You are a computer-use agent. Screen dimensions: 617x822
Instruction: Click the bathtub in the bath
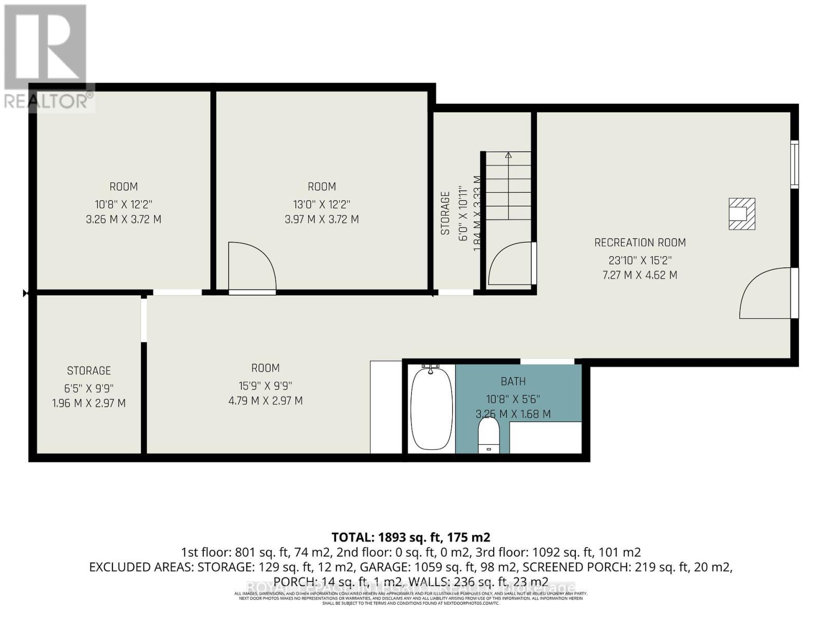point(432,408)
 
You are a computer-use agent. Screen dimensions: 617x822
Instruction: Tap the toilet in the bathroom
point(489,434)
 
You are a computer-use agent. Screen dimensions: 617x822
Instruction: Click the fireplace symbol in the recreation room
point(742,213)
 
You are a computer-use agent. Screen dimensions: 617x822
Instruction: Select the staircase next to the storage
point(508,185)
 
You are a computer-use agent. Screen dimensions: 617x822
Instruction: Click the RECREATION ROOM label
point(640,242)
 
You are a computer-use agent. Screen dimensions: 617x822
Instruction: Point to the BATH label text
point(513,381)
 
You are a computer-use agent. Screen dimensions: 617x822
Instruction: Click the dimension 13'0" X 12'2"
point(322,203)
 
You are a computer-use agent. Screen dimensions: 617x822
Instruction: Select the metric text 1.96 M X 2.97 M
point(89,403)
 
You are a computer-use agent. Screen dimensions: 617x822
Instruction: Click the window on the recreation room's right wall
point(794,163)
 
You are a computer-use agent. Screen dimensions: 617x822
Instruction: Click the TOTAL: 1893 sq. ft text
point(410,537)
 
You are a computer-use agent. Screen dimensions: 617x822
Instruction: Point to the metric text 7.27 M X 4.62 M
point(640,275)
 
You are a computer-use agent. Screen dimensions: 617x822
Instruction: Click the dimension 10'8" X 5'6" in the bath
point(513,398)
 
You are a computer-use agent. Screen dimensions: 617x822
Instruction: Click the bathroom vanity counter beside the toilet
point(545,438)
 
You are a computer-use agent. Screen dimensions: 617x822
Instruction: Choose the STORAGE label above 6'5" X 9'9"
point(89,371)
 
